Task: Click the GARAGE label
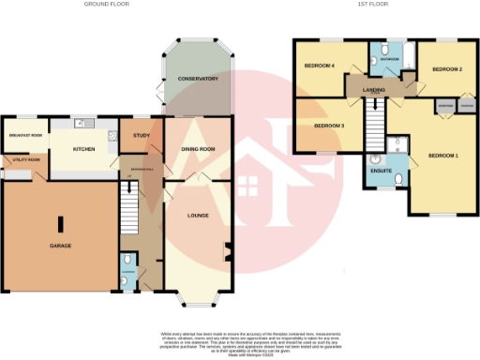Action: pyautogui.click(x=60, y=246)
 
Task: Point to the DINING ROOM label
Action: pyautogui.click(x=198, y=149)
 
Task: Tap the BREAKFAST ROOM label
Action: pyautogui.click(x=25, y=136)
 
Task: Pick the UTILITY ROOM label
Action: pyautogui.click(x=26, y=160)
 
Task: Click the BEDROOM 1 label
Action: pyautogui.click(x=443, y=155)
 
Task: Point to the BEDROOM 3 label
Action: pyautogui.click(x=328, y=126)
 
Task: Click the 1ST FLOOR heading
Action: pyautogui.click(x=371, y=6)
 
